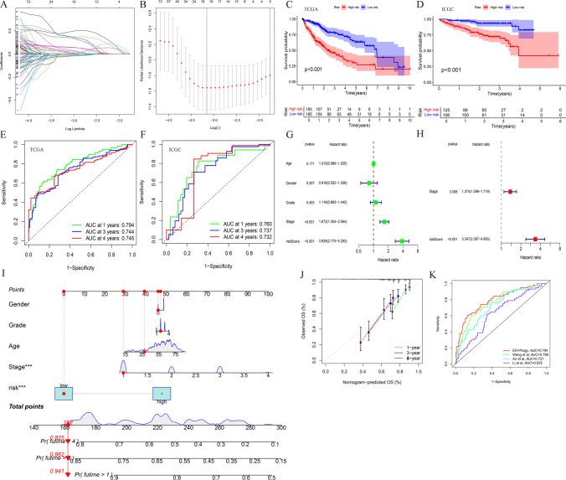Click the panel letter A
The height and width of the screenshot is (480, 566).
[x=4, y=5]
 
